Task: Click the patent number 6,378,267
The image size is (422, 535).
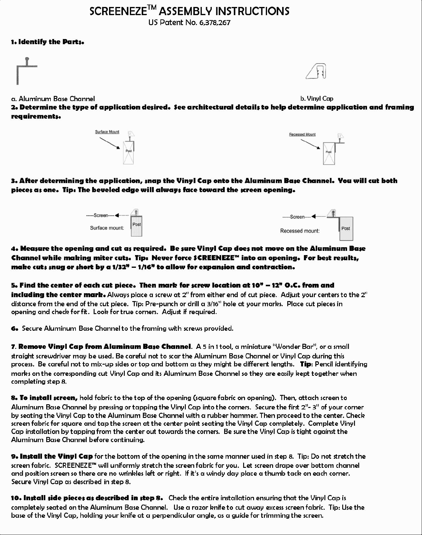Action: click(x=215, y=23)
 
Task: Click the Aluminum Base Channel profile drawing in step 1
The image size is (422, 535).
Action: click(x=26, y=71)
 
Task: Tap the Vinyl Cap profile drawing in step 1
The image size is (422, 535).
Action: click(x=317, y=71)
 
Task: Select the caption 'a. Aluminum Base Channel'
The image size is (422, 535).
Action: click(x=53, y=99)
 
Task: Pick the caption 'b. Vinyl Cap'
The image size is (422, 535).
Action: click(x=317, y=99)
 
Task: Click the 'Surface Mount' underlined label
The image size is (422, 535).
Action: click(x=107, y=132)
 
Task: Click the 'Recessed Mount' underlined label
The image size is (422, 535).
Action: click(x=302, y=134)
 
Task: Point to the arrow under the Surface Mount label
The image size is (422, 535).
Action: click(x=110, y=143)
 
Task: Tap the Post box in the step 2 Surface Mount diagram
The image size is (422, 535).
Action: click(x=128, y=153)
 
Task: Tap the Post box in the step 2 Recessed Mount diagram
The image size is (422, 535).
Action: click(x=329, y=154)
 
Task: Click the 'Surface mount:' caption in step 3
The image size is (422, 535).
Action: click(x=107, y=228)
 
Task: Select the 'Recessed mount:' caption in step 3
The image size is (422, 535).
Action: click(x=300, y=231)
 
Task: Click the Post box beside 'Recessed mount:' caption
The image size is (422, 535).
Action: click(x=346, y=228)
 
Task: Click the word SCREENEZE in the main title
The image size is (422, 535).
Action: click(x=118, y=11)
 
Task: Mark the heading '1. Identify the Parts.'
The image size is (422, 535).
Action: click(x=47, y=42)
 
